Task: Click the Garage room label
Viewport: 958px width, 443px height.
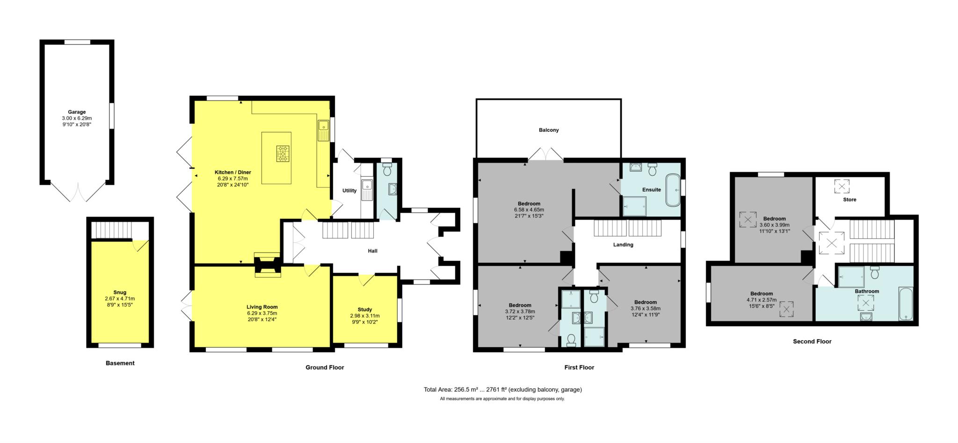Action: pyautogui.click(x=77, y=112)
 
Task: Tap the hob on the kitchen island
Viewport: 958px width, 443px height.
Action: pyautogui.click(x=283, y=153)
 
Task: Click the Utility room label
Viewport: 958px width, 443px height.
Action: pyautogui.click(x=349, y=191)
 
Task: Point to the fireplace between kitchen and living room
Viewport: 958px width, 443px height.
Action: pyautogui.click(x=267, y=265)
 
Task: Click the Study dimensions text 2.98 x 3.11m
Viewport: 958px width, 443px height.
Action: pyautogui.click(x=365, y=315)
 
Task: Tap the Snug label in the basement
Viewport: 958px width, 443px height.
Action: pyautogui.click(x=120, y=293)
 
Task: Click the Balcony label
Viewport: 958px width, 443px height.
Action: pyautogui.click(x=549, y=130)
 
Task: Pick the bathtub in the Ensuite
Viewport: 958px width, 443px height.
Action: pyautogui.click(x=673, y=190)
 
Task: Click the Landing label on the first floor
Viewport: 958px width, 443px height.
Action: pyautogui.click(x=623, y=245)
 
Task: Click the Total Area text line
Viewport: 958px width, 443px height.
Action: pyautogui.click(x=502, y=389)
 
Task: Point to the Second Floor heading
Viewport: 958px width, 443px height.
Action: pyautogui.click(x=812, y=342)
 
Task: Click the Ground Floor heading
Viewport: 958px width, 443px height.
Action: pyautogui.click(x=325, y=367)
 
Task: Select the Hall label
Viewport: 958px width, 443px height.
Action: pyautogui.click(x=372, y=251)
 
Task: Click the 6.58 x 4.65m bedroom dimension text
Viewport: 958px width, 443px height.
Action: pyautogui.click(x=529, y=210)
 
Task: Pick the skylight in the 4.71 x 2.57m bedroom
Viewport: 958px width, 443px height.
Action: pyautogui.click(x=786, y=309)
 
